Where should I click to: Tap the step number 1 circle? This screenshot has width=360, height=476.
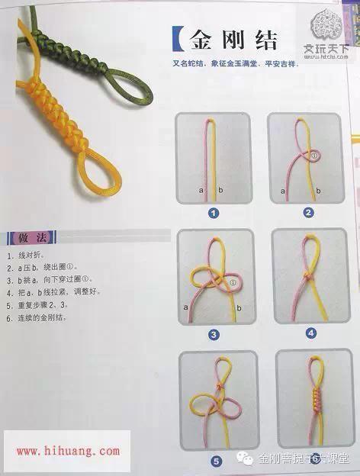(214, 213)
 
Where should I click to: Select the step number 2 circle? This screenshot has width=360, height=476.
(308, 212)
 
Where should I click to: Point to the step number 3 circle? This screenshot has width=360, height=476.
(214, 334)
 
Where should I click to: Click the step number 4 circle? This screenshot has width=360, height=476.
(310, 333)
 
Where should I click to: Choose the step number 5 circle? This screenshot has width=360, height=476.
(217, 460)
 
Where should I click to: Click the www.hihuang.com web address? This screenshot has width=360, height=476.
(67, 452)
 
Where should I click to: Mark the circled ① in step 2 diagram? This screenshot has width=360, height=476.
(313, 155)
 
